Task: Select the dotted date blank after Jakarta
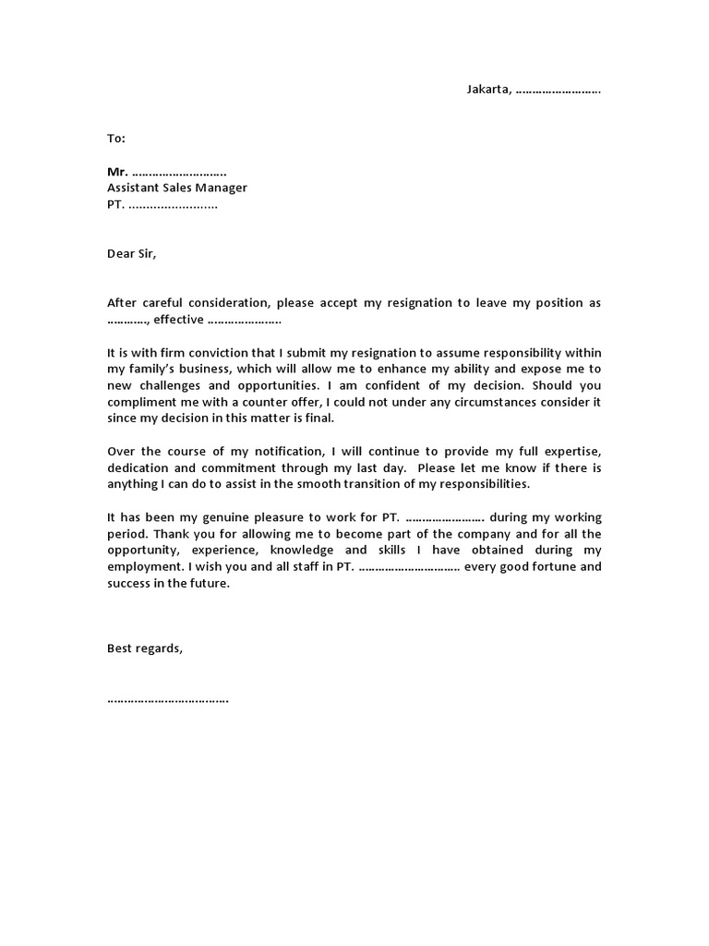point(559,91)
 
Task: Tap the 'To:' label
point(115,139)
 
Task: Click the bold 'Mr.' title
point(117,172)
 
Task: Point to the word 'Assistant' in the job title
point(136,188)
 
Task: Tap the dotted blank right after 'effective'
point(245,321)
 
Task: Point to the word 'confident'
point(381,385)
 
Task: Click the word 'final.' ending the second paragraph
point(314,418)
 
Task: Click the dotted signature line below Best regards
point(168,699)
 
